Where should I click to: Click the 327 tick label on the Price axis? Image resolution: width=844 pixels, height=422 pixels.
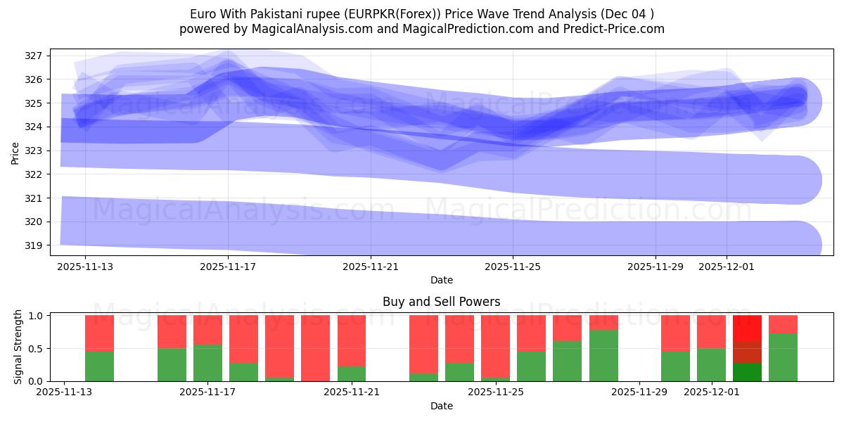34,56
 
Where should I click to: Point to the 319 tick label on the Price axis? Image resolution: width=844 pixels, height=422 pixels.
34,245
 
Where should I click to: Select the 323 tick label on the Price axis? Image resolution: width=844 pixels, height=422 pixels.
34,151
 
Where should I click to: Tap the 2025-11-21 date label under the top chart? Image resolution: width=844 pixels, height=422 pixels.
371,267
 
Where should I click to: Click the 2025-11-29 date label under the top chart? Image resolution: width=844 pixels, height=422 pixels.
656,267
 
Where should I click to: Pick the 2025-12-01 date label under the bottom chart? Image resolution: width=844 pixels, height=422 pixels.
712,392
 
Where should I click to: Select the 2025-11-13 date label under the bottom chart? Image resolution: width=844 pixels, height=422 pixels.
65,392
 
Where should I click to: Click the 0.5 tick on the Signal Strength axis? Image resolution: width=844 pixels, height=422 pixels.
35,349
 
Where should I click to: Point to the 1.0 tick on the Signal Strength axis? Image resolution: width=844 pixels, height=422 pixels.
35,316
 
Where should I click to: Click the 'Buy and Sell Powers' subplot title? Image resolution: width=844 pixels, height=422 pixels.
441,302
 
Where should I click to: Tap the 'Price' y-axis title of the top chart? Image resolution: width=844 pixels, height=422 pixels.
15,153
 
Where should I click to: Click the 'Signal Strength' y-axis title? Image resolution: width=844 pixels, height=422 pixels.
18,347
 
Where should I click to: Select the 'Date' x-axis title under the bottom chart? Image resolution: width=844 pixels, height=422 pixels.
441,406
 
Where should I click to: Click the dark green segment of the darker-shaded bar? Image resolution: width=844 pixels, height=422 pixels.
747,372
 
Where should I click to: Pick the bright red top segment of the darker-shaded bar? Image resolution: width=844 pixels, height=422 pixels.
747,328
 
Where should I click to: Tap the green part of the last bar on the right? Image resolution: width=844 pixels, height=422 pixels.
783,357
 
